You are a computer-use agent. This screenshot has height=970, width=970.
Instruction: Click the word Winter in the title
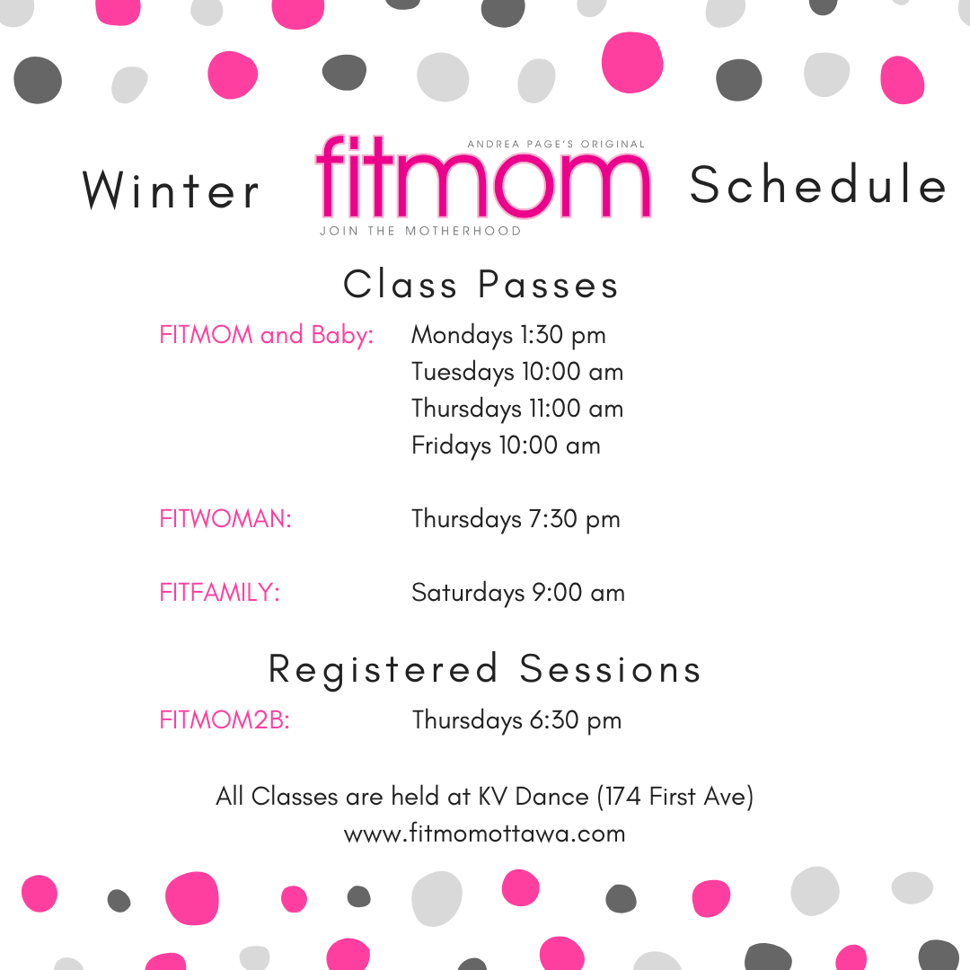(171, 190)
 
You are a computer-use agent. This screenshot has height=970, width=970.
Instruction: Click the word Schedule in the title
(818, 184)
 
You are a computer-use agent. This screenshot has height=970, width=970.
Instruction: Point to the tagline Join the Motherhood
(420, 232)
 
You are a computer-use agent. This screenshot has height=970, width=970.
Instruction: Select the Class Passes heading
(481, 285)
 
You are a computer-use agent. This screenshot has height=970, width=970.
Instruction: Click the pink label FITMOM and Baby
(266, 335)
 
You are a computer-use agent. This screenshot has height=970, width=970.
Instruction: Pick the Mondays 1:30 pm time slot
(508, 335)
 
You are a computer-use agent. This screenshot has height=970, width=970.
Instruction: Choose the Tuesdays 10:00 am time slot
(517, 372)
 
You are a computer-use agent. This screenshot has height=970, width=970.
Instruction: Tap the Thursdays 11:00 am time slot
(517, 409)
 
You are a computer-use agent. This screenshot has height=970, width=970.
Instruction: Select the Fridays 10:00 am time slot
(506, 445)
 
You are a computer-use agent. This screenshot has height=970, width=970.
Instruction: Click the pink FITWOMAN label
(225, 519)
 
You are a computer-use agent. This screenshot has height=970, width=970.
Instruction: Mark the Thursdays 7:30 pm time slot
(516, 519)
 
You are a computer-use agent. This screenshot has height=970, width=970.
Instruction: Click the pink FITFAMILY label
(219, 593)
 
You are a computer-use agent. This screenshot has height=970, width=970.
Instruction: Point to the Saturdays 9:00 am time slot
(518, 593)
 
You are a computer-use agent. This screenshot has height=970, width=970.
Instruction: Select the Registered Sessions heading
(485, 670)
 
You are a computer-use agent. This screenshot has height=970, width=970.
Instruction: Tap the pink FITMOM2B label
(225, 720)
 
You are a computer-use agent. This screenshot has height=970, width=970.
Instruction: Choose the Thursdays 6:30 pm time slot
(516, 720)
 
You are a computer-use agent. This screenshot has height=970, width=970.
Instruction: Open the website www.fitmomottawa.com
(485, 833)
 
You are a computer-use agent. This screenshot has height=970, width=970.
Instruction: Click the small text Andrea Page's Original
(556, 144)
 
